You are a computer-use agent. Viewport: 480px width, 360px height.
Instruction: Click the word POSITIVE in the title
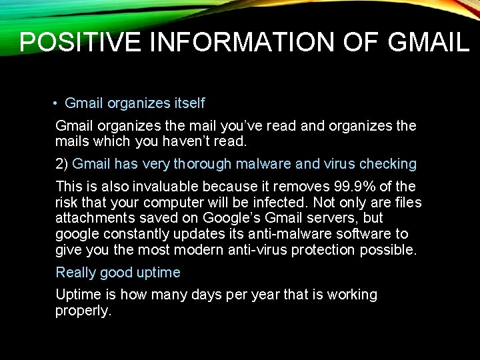(x=80, y=42)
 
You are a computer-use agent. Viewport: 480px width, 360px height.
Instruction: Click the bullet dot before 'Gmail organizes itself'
(x=53, y=104)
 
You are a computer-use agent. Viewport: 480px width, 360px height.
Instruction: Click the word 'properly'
(x=82, y=311)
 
